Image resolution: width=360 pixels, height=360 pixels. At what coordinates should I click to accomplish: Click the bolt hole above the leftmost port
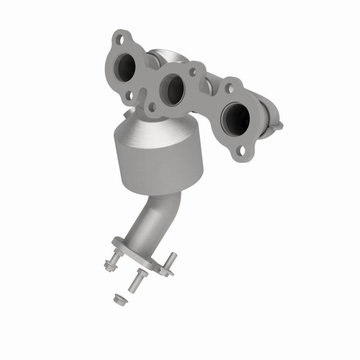pos(120,39)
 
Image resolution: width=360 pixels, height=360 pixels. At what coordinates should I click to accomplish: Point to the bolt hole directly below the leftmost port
pos(129,95)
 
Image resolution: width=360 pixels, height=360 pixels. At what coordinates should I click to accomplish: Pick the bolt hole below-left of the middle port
pos(152,107)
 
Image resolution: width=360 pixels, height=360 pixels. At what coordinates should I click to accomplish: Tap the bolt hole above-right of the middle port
pos(193,72)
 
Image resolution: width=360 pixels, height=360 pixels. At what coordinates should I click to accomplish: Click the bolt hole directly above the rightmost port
pos(229,88)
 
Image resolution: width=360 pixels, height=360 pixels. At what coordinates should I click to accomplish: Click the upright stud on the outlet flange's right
pos(172,260)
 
